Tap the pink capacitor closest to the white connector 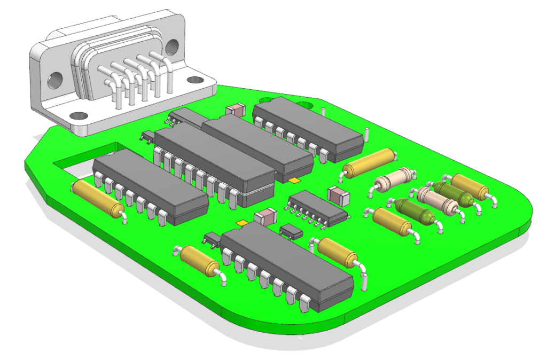[235, 110]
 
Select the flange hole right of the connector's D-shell [171, 48]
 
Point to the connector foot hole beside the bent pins [194, 80]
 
